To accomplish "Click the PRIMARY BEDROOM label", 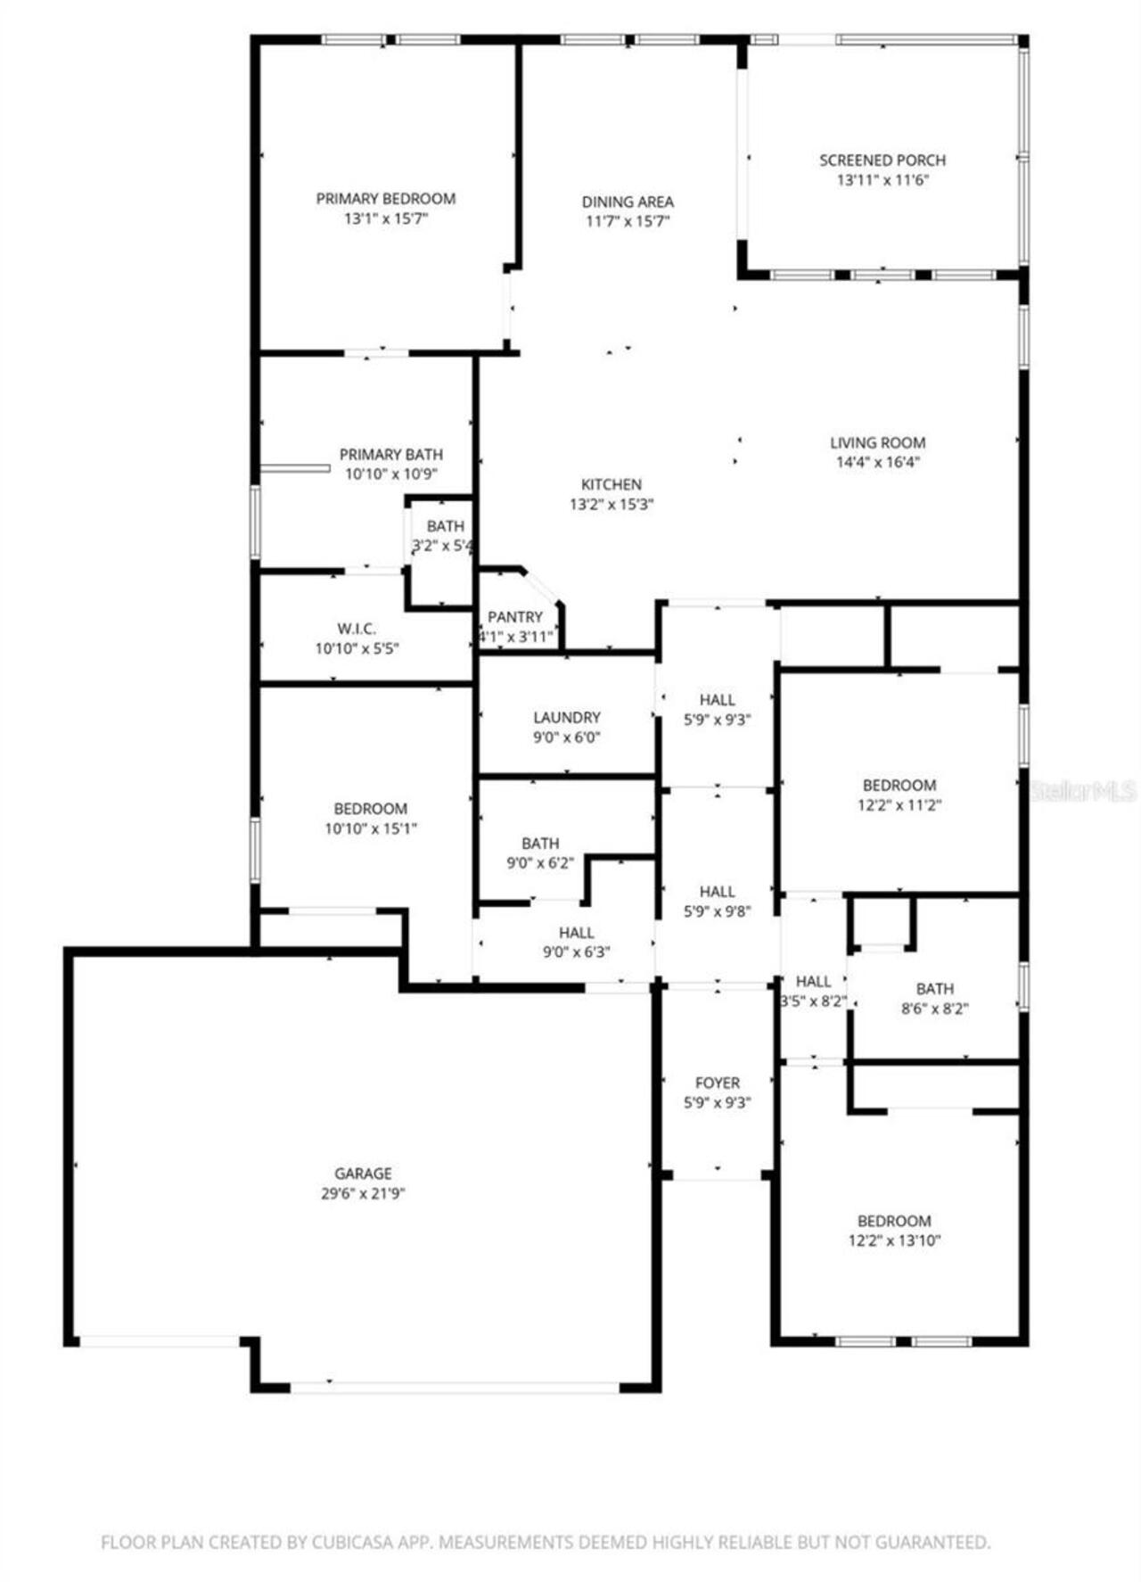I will tap(386, 198).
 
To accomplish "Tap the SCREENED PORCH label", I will tap(882, 161).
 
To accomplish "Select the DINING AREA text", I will tap(628, 202).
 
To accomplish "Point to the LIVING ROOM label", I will tap(877, 442).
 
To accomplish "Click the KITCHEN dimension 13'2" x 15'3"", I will tap(612, 504).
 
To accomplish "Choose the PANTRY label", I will tap(514, 617).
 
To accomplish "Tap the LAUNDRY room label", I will tap(567, 717).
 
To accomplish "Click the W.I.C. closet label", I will tap(357, 629).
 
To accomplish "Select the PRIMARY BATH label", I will tap(390, 455).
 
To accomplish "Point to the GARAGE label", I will tap(363, 1174).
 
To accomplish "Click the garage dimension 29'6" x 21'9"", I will tap(363, 1193).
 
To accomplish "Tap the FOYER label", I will tap(717, 1083).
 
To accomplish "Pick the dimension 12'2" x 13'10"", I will tap(894, 1240).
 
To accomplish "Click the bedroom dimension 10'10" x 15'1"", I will tap(371, 828).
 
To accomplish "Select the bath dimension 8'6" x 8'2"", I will tap(934, 1009).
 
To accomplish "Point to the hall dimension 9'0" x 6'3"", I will tap(576, 952).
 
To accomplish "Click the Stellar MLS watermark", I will tap(1082, 790).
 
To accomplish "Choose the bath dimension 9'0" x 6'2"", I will tap(540, 862).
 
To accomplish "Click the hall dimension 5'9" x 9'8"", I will tap(717, 910).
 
